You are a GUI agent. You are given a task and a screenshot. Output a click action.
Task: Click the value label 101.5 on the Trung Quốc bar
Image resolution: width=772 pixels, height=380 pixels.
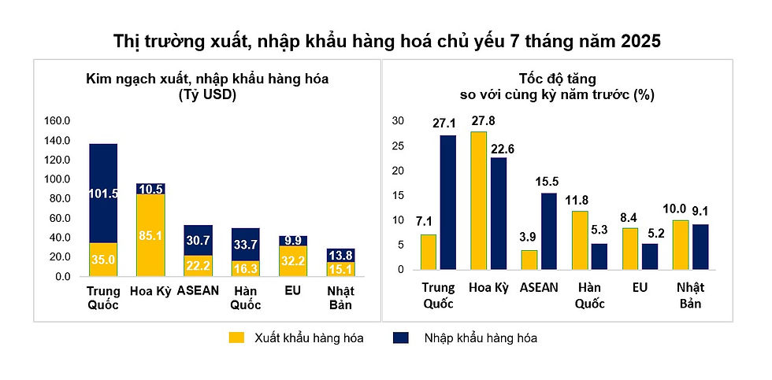103,194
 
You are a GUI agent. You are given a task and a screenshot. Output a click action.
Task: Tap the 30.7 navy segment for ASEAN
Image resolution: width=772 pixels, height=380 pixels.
199,240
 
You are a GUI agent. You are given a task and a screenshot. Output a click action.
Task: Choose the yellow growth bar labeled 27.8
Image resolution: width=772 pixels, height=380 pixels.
478,201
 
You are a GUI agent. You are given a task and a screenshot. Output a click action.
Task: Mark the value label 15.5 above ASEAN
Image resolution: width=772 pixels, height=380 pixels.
549,182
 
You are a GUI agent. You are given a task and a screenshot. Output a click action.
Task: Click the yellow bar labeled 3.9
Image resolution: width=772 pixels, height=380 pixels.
529,260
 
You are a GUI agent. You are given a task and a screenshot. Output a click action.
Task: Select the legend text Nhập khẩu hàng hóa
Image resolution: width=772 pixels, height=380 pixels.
481,338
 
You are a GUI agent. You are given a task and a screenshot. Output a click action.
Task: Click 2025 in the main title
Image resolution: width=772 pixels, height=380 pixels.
636,40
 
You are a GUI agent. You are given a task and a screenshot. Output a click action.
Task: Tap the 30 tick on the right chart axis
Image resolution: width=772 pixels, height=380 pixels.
398,121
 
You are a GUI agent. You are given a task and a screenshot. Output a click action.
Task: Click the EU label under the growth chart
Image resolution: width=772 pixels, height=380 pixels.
639,288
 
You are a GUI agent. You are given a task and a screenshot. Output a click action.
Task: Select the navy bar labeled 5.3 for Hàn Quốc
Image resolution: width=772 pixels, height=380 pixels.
599,256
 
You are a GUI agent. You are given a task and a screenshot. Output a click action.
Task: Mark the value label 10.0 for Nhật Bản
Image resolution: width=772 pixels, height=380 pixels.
674,209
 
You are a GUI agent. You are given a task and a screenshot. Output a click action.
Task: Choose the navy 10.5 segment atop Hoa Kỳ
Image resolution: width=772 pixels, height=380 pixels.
150,189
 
